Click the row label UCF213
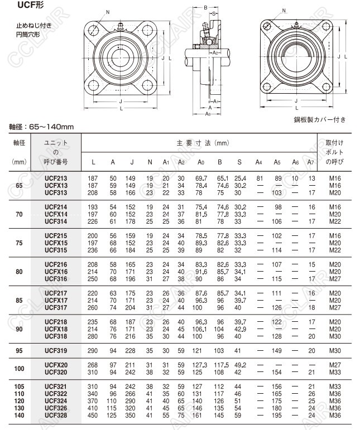click(56, 177)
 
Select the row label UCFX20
click(56, 365)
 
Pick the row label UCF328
click(56, 415)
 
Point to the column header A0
click(201, 162)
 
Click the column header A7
click(311, 162)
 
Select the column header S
click(239, 162)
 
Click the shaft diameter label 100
click(20, 369)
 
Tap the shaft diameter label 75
click(20, 243)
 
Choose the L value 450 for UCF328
click(93, 415)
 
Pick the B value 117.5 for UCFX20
click(221, 365)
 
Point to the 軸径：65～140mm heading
click(41, 127)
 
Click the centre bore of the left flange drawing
click(120, 57)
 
